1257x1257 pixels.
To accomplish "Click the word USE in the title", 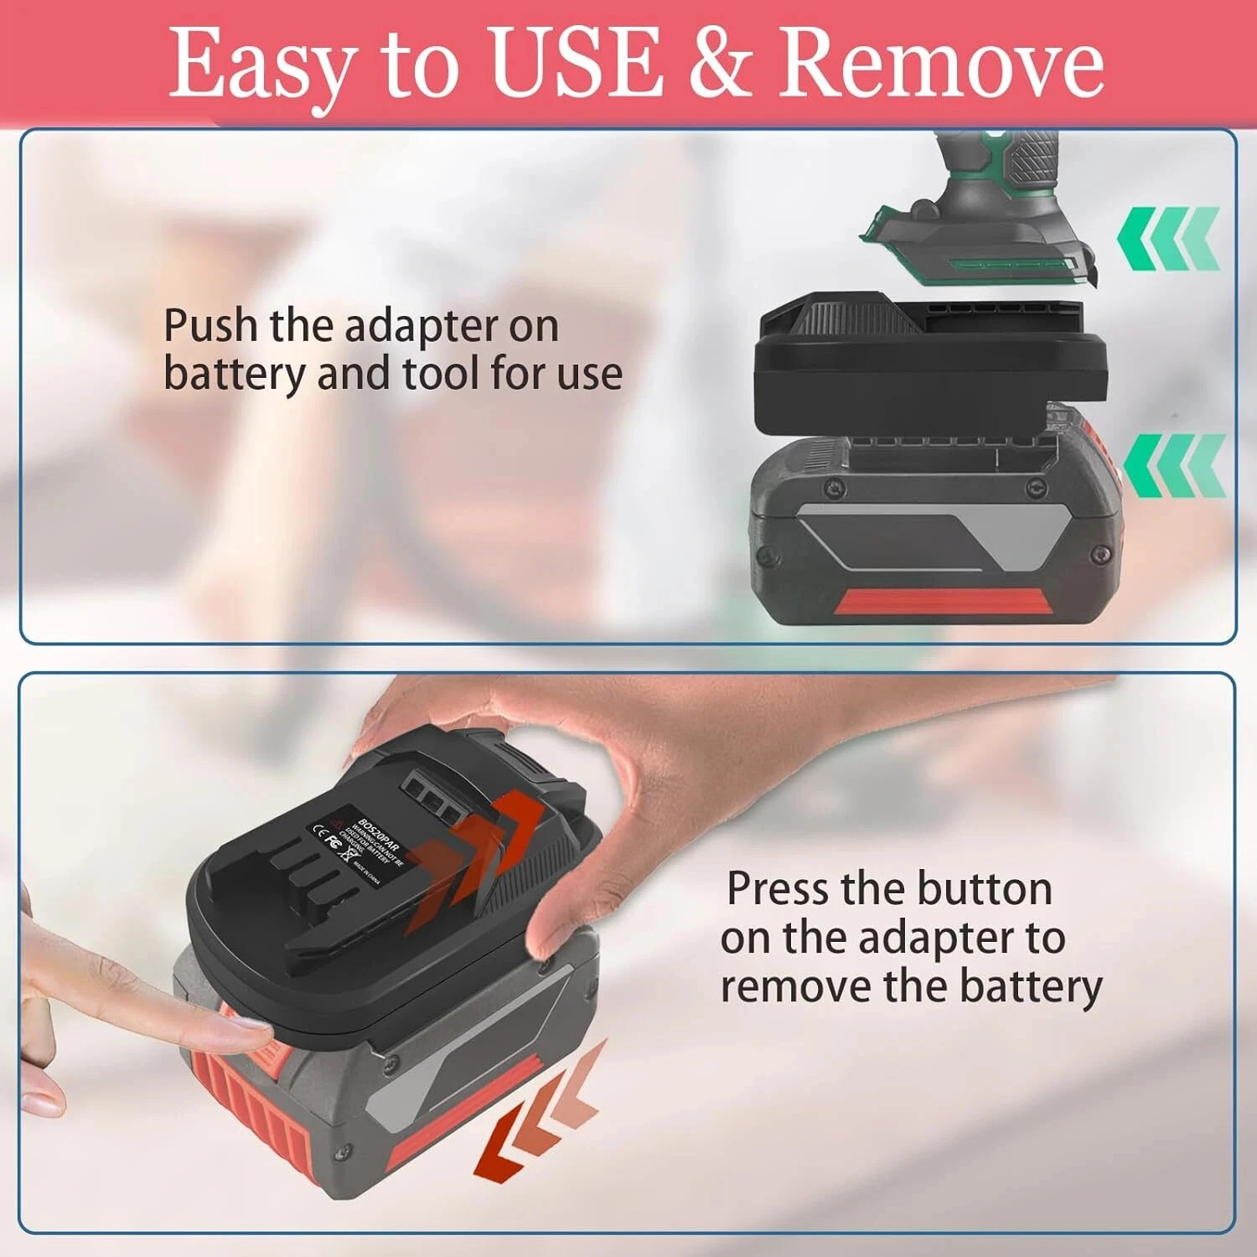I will [x=575, y=63].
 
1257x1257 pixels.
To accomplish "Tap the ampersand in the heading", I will [x=722, y=63].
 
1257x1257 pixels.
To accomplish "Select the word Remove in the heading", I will [x=941, y=63].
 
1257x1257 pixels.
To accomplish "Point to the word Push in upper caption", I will [x=211, y=325].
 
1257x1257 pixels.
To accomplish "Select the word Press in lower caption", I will [x=776, y=888].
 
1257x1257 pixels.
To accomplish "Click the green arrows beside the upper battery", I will [x=1174, y=465].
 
